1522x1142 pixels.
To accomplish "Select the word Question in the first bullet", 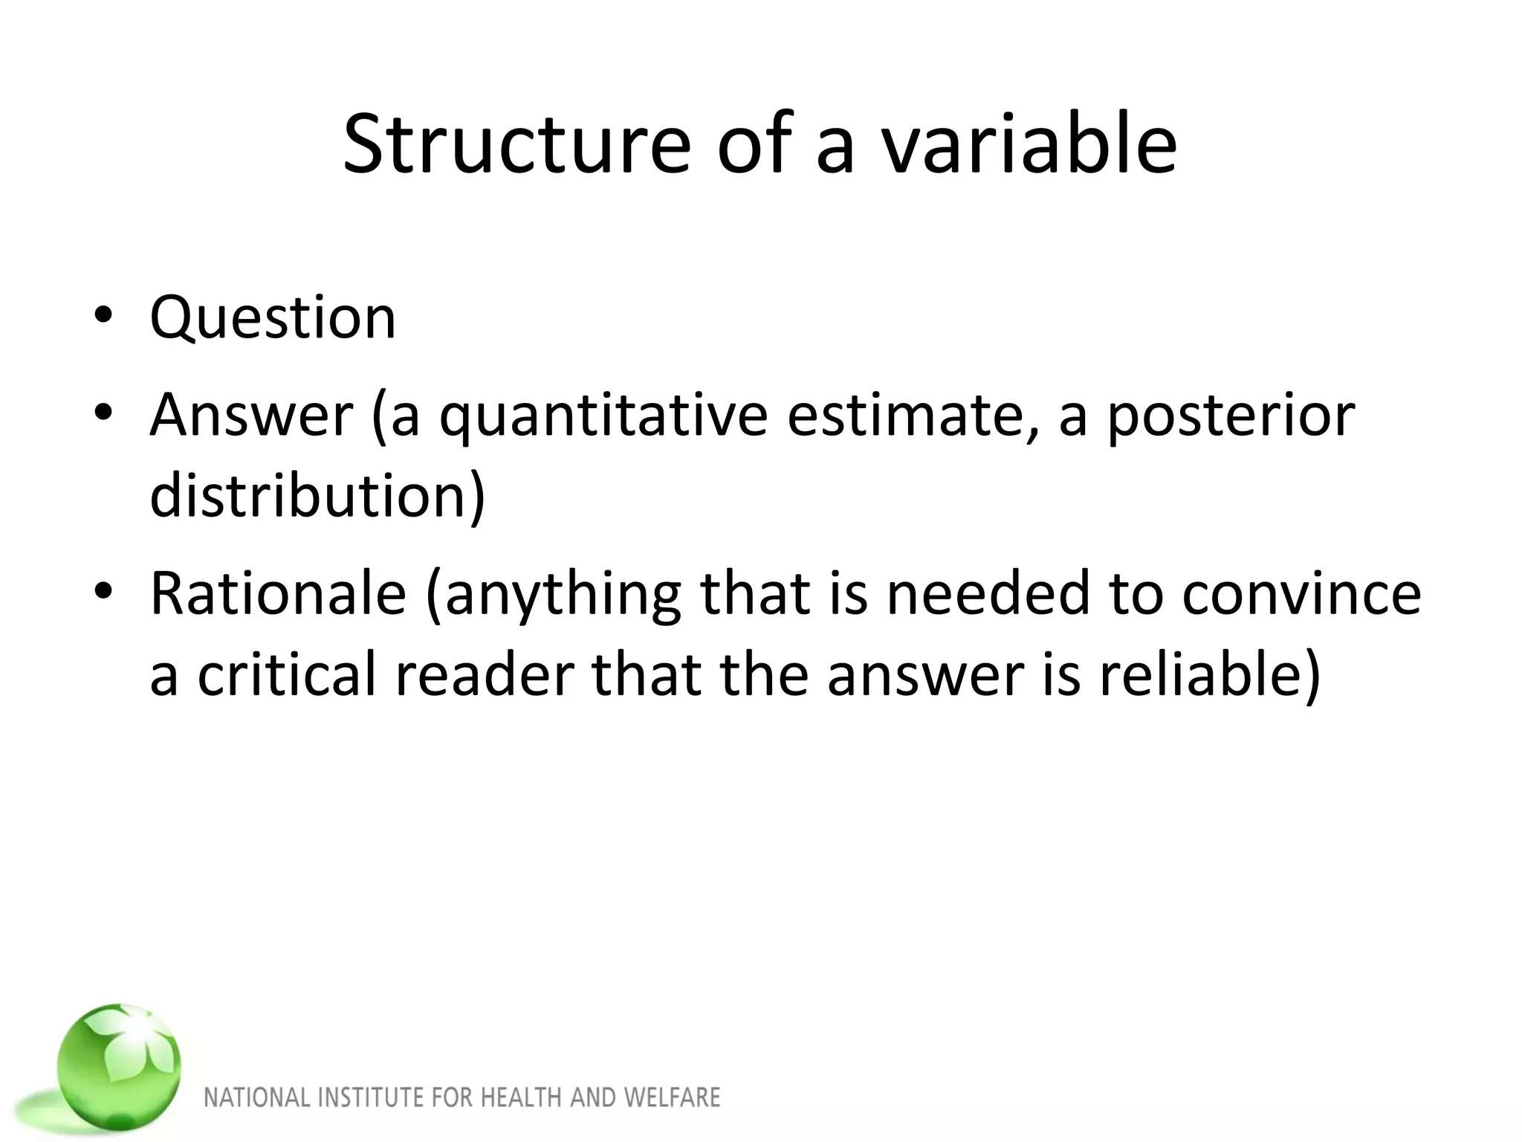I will tap(273, 318).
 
